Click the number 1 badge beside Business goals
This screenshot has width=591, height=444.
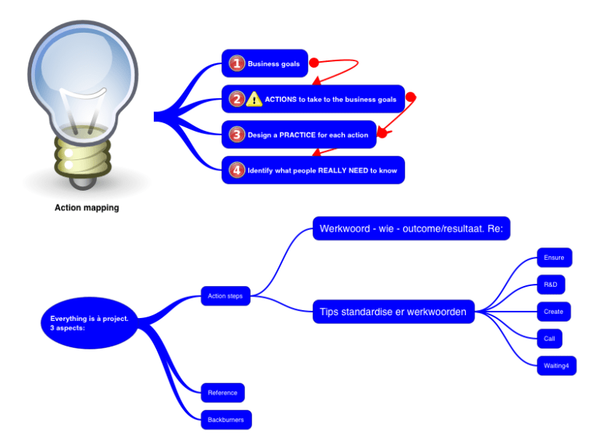[x=236, y=64]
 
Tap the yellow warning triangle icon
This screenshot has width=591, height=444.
[x=254, y=99]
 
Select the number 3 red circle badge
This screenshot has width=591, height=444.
[x=236, y=135]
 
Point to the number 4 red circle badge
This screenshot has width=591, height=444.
[x=236, y=170]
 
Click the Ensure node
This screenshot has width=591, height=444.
[x=554, y=258]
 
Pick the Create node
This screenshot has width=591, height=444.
[x=553, y=312]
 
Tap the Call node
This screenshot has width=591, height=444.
[x=549, y=338]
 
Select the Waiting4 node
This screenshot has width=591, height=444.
[x=555, y=365]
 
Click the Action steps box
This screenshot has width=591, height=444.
[x=225, y=296]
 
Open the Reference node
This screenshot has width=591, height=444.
[x=222, y=393]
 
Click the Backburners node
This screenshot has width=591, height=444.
[x=226, y=420]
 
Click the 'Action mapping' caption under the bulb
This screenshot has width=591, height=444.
[x=87, y=207]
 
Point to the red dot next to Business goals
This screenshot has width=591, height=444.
[x=314, y=63]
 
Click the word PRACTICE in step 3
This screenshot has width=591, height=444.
[x=297, y=135]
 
